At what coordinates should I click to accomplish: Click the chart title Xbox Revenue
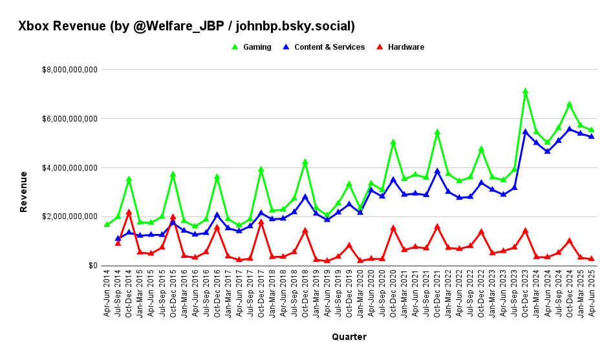186,26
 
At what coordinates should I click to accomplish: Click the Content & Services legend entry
329,47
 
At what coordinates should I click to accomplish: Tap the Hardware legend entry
405,47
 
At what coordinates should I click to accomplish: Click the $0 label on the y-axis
93,266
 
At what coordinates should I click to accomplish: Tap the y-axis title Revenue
24,191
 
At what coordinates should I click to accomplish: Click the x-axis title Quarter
349,337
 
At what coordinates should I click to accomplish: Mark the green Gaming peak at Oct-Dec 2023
525,92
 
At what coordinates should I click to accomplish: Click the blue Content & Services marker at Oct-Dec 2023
525,131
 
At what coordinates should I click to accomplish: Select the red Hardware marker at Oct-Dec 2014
129,212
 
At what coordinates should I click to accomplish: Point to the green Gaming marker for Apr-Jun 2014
107,224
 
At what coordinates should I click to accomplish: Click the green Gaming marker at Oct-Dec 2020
393,142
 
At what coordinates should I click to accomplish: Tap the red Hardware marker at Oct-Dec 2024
569,240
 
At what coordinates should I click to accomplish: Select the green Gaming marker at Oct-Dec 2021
437,132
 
